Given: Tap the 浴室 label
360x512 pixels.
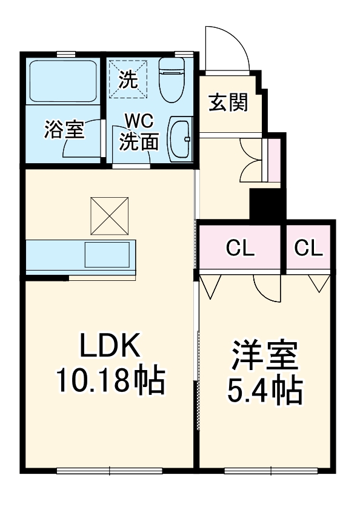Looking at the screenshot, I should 64,130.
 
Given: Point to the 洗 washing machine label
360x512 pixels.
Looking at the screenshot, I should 128,78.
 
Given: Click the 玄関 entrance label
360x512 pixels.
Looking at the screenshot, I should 228,103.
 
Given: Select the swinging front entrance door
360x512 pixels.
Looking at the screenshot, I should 227,49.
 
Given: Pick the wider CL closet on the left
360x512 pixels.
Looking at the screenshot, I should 241,248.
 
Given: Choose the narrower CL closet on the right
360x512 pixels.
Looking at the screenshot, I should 309,248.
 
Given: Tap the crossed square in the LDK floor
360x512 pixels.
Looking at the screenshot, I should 110,215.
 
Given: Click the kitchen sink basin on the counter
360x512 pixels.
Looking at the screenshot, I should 107,254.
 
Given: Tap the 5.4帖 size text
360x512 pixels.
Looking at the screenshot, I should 265,392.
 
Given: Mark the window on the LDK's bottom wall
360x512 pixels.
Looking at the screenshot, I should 110,470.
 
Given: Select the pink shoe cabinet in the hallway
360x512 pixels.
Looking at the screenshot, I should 274,160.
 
